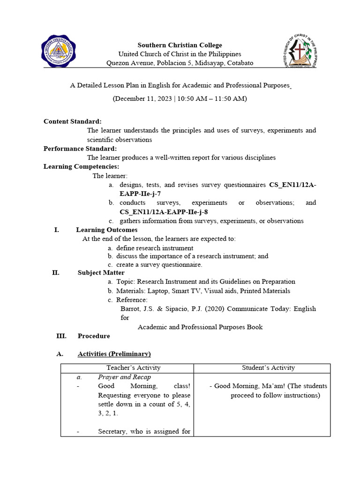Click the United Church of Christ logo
click(300, 51)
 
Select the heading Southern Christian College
click(180, 45)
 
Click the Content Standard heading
click(73, 121)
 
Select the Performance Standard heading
click(80, 149)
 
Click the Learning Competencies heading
click(82, 166)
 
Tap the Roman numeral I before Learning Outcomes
click(56, 230)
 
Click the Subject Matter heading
click(101, 273)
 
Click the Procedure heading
click(94, 336)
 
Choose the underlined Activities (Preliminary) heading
click(114, 354)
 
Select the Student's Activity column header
click(268, 368)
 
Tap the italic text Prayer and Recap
click(124, 377)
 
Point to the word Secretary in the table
click(112, 432)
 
